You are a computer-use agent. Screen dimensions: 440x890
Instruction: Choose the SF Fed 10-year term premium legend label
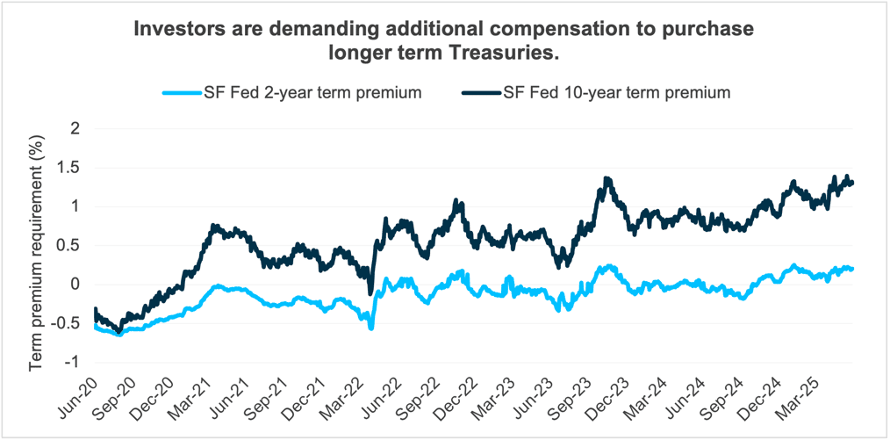tap(617, 92)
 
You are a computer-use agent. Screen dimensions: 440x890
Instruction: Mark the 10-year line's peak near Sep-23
tap(607, 179)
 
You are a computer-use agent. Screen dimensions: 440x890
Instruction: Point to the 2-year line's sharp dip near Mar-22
tap(371, 327)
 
